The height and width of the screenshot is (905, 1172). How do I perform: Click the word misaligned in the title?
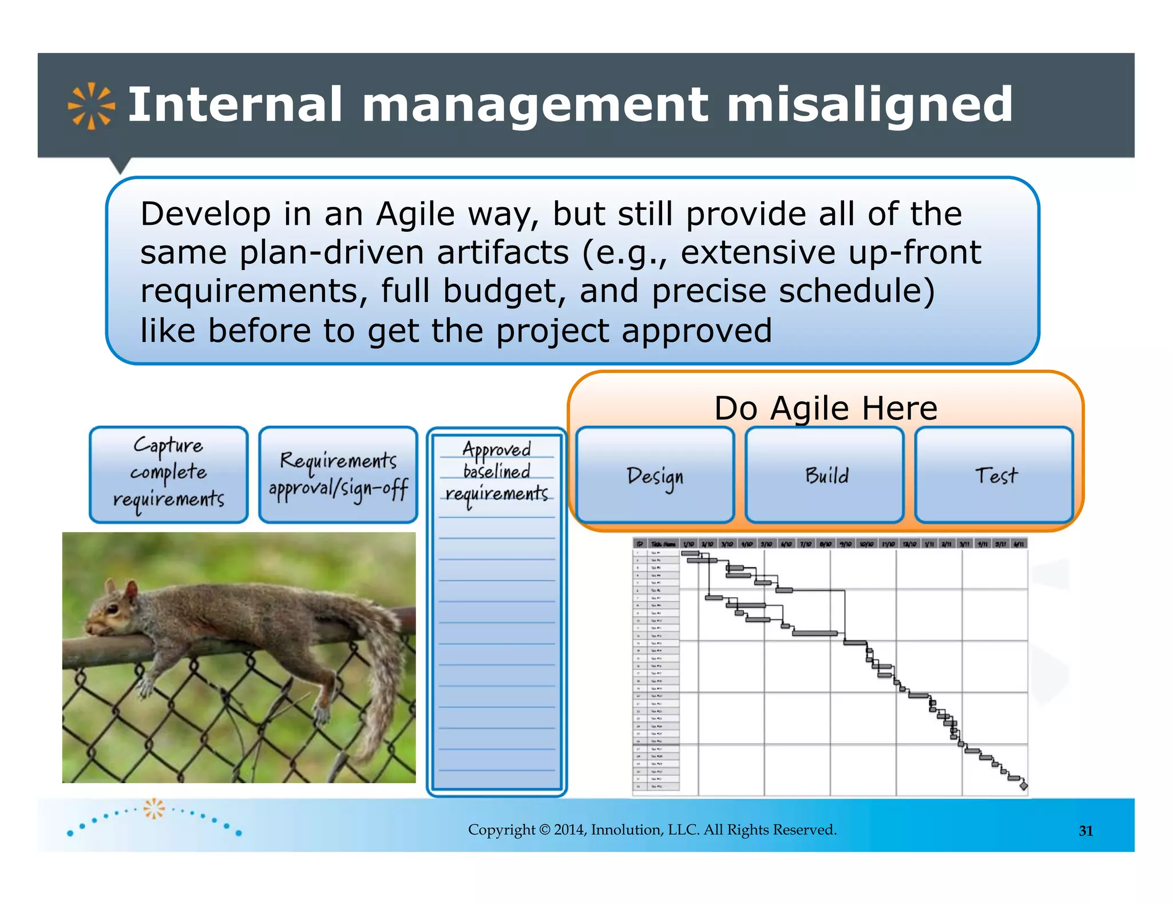(x=869, y=105)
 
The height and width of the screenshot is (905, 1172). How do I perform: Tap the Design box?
(x=655, y=475)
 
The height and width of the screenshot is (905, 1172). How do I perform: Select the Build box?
(x=825, y=475)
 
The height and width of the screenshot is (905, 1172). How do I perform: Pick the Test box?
(x=994, y=475)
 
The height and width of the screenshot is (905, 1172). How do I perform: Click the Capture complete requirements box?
(x=169, y=474)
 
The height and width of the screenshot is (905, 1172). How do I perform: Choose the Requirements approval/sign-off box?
(x=338, y=474)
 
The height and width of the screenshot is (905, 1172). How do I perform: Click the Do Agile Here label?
(x=825, y=408)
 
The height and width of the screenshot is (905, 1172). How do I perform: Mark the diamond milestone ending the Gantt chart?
(x=1023, y=786)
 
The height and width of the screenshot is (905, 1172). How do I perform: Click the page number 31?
(x=1086, y=831)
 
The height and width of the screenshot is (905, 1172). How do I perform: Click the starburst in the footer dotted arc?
(x=153, y=808)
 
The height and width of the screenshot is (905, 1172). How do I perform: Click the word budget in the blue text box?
(x=504, y=291)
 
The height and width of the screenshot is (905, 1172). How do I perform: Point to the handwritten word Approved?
(x=497, y=449)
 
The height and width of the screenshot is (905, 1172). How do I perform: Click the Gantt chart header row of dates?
(x=830, y=543)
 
